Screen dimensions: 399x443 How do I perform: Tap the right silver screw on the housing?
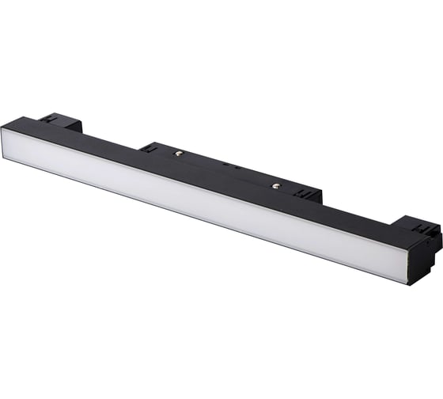[x=276, y=186]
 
